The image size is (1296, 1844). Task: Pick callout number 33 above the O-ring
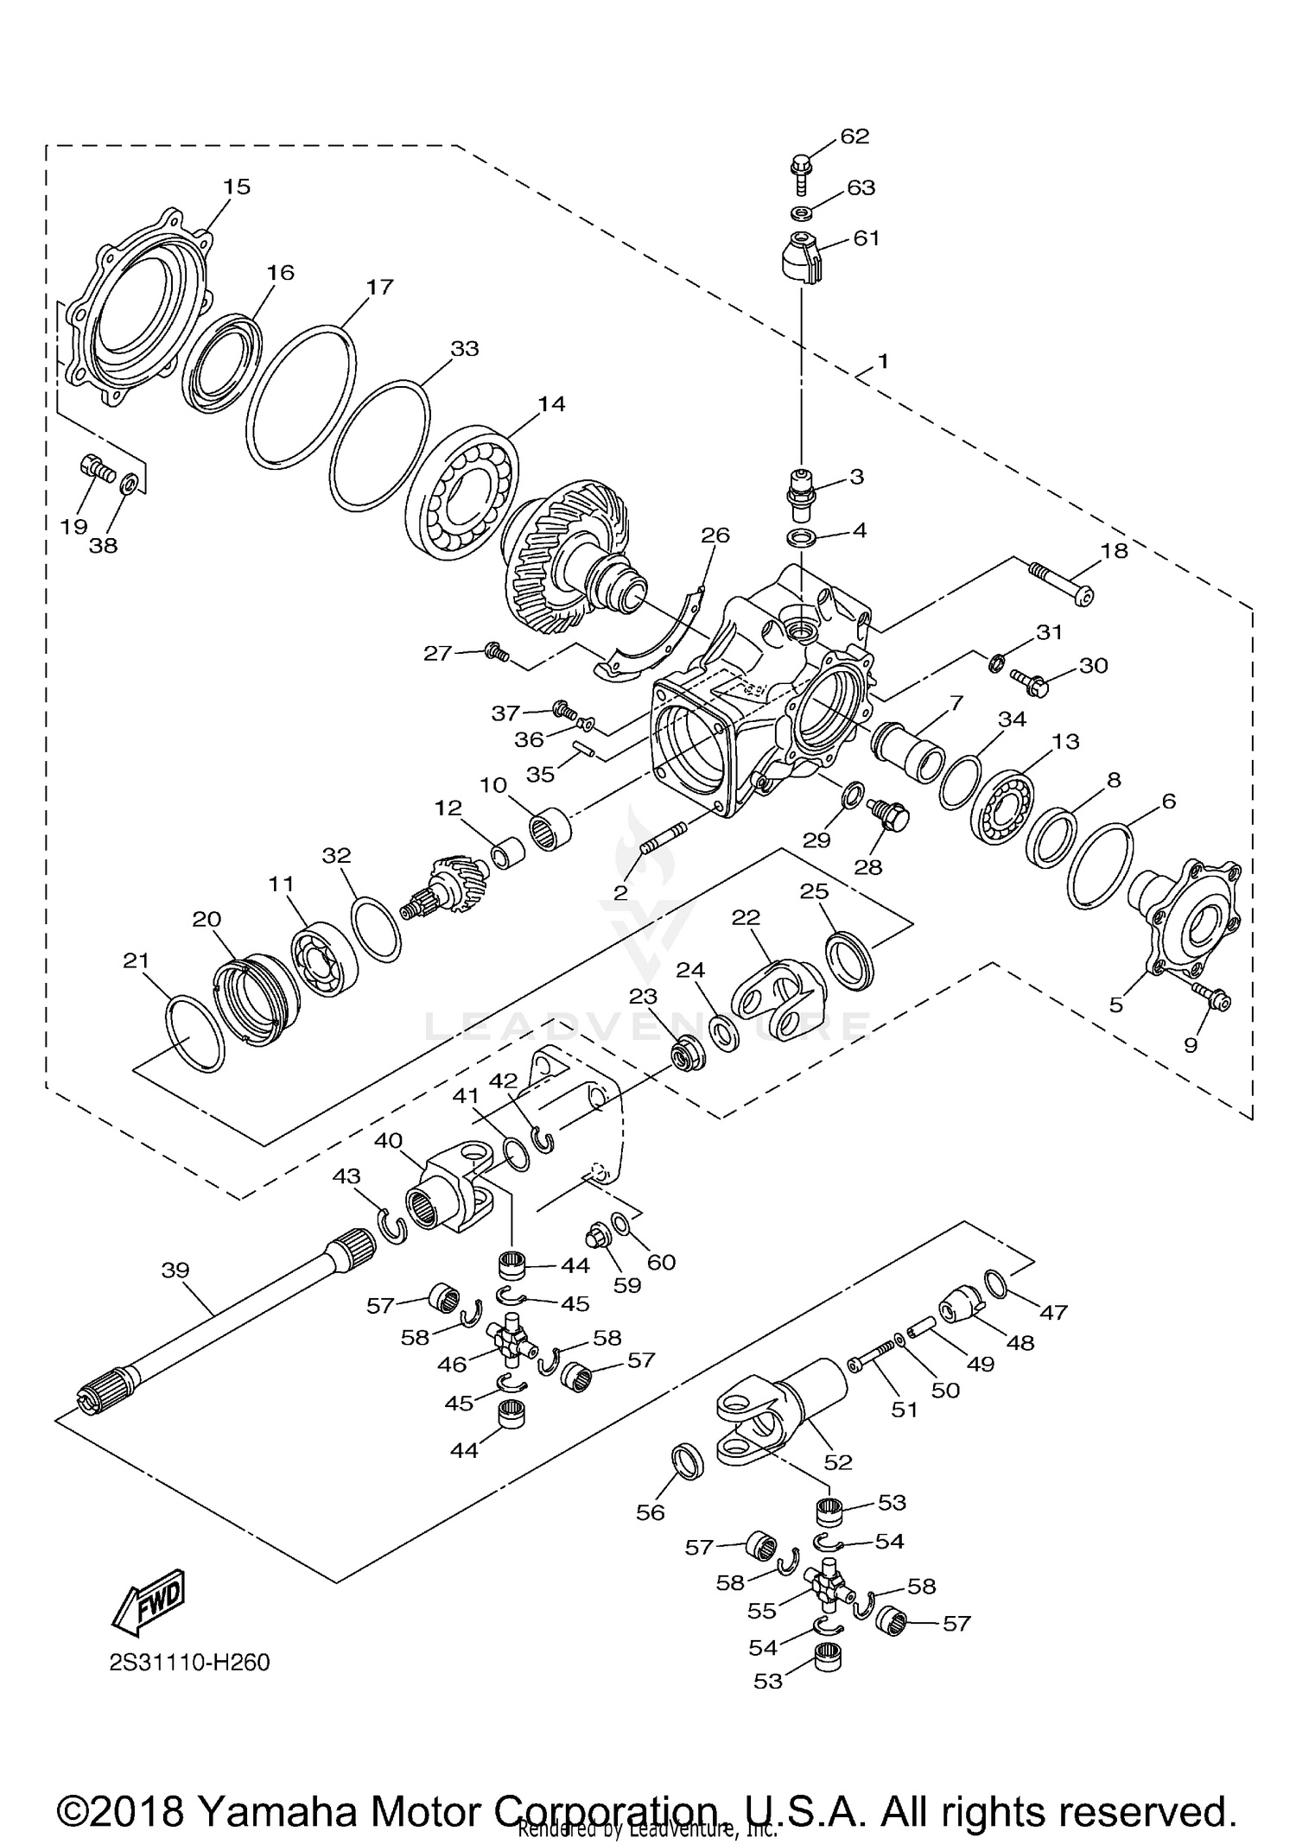465,349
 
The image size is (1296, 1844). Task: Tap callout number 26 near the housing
715,535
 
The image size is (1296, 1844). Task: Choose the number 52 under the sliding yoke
838,1462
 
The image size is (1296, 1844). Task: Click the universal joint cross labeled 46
511,1340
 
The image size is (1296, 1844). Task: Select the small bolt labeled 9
1210,998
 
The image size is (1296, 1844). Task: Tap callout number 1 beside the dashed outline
882,360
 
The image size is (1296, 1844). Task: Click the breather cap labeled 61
797,257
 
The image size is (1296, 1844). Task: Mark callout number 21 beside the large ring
137,960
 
